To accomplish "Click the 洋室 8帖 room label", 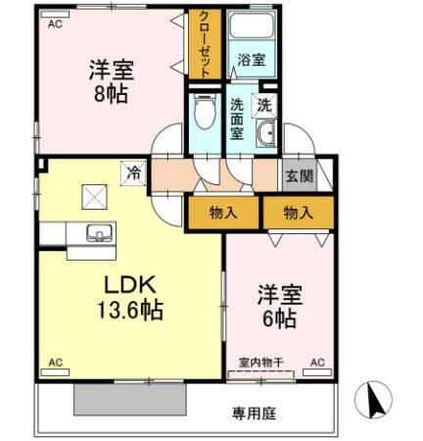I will (111, 83).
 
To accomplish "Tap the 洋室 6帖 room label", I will (278, 305).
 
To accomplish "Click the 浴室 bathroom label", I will (250, 60).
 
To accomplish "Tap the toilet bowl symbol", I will (205, 117).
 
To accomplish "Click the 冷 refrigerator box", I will (132, 173).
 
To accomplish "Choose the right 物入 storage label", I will (298, 213).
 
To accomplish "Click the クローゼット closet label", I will (205, 45).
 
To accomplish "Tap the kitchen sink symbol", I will (98, 233).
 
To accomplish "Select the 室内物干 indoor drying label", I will (261, 363).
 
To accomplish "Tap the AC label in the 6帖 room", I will (316, 363).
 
